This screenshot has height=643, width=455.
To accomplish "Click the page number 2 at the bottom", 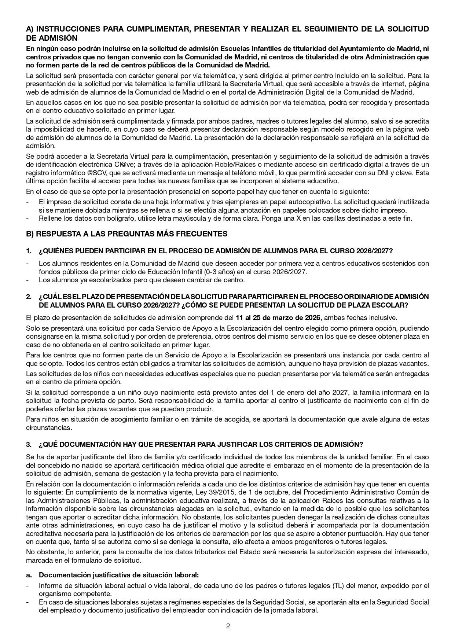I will (x=228, y=626).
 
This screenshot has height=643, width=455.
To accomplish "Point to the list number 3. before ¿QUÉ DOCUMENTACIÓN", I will (x=29, y=444).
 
